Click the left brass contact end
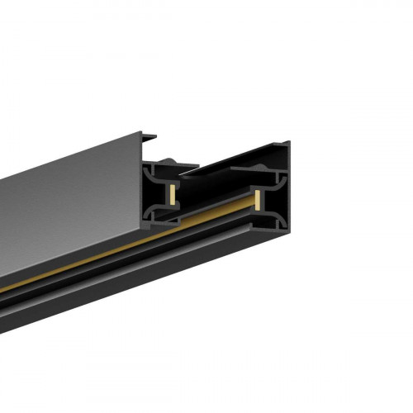click(x=171, y=195)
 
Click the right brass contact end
click(x=258, y=201)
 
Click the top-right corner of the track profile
click(x=290, y=143)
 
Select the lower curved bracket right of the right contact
click(x=277, y=223)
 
